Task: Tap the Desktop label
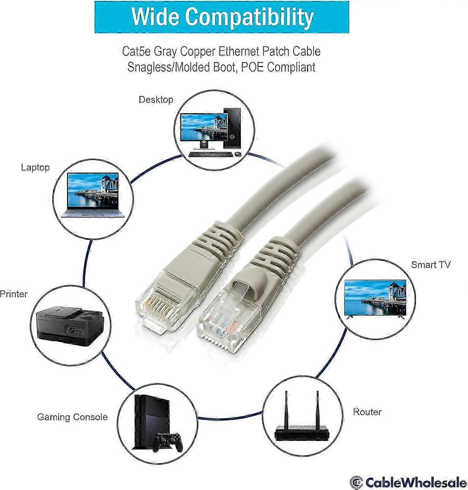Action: (x=156, y=100)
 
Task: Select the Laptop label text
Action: (x=35, y=167)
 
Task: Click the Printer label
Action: (x=13, y=294)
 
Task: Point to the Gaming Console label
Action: (x=72, y=417)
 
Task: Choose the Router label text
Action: (x=367, y=412)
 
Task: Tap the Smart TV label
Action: (x=431, y=265)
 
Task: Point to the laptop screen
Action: (x=93, y=191)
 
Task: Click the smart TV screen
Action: (x=375, y=297)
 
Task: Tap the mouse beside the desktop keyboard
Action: (x=238, y=154)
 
